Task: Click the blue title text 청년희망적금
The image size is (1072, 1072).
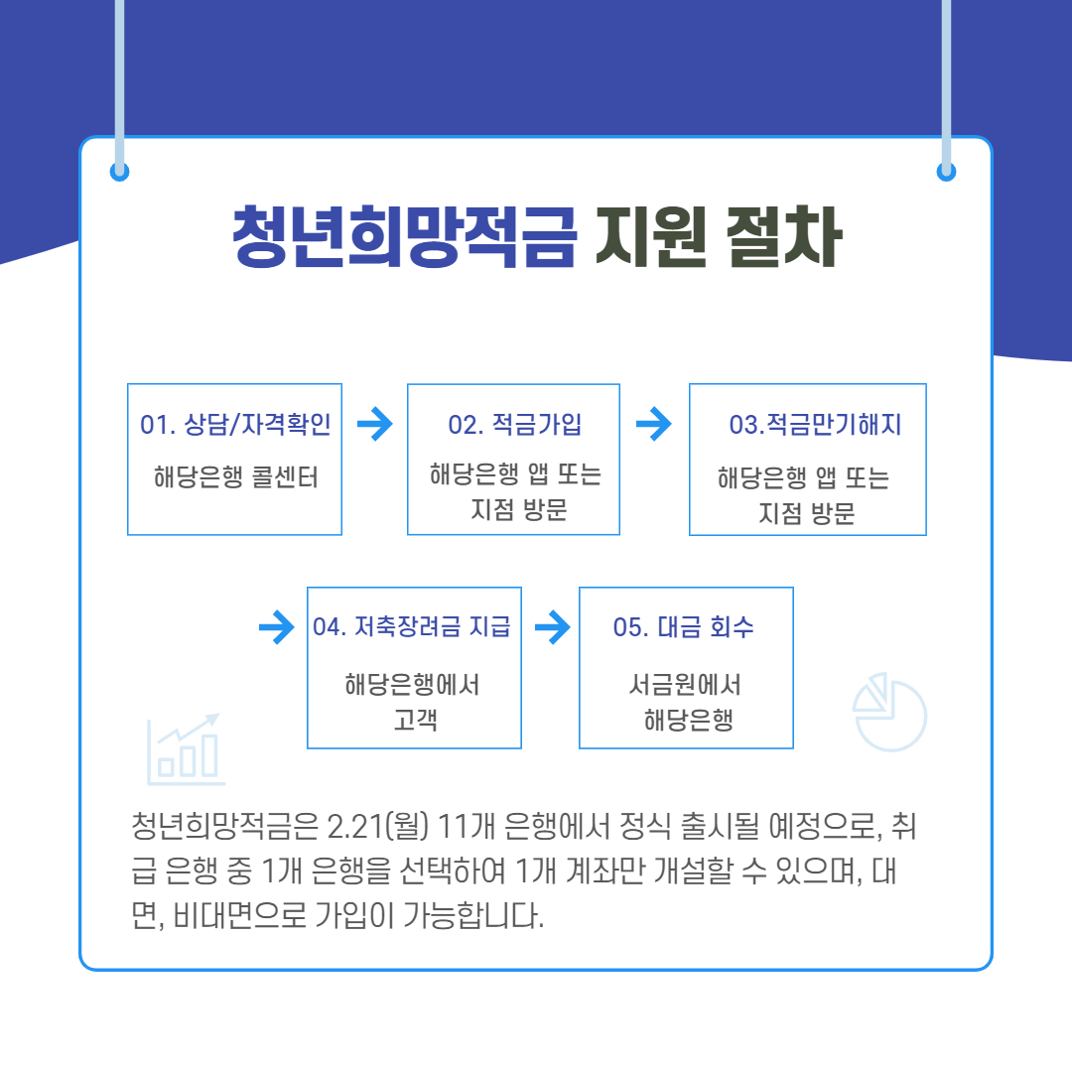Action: (x=404, y=238)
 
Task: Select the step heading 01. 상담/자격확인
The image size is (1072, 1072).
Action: (x=235, y=425)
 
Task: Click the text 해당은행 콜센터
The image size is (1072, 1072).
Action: (x=235, y=477)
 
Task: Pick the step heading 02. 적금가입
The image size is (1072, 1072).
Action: (x=514, y=425)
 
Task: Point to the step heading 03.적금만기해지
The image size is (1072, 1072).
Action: (x=815, y=425)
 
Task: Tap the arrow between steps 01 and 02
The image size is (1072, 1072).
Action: (x=374, y=425)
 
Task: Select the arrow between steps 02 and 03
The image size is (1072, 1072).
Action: (x=653, y=425)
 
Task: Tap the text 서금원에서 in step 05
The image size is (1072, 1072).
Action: (x=685, y=685)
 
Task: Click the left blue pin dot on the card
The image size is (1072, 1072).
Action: (x=120, y=172)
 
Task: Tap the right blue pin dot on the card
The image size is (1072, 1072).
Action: (x=946, y=172)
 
